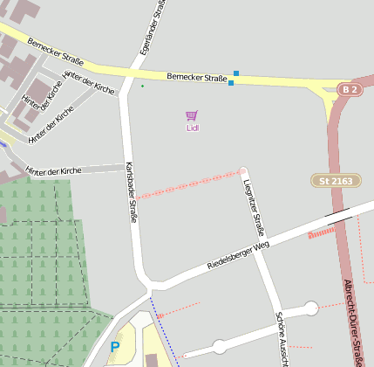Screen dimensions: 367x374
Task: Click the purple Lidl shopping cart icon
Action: tap(192, 115)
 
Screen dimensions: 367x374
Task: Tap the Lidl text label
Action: tap(193, 128)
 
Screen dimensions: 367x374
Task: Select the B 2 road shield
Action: tap(350, 90)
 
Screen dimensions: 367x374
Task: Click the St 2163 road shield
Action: tap(333, 180)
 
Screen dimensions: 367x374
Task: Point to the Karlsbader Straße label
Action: tap(132, 192)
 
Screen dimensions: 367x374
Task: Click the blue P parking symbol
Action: tap(114, 348)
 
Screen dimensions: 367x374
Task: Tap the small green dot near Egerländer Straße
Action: tap(142, 86)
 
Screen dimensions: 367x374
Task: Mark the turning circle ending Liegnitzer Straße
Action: tap(243, 171)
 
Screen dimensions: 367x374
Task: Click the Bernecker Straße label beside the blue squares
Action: tap(196, 78)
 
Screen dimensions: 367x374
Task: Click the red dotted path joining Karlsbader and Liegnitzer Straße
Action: tap(187, 184)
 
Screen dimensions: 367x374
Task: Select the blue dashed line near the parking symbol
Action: tap(166, 332)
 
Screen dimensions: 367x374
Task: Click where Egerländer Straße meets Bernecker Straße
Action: tap(138, 68)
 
